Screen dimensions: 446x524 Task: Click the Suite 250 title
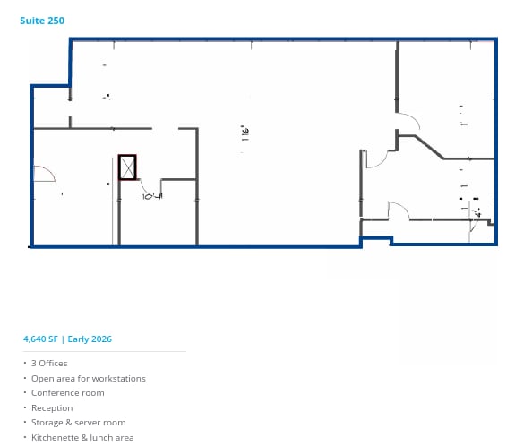pyautogui.click(x=42, y=20)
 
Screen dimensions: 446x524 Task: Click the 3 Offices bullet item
pyautogui.click(x=49, y=364)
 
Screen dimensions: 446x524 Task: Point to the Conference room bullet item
pyautogui.click(x=67, y=393)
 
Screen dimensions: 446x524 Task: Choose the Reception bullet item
pyautogui.click(x=52, y=407)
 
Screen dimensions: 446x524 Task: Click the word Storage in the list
pyautogui.click(x=47, y=423)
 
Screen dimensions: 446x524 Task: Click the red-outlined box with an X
pyautogui.click(x=127, y=167)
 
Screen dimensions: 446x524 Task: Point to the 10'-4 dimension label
pyautogui.click(x=151, y=195)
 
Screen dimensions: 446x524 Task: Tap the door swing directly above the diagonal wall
pyautogui.click(x=408, y=121)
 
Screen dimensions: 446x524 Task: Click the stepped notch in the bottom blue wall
pyautogui.click(x=376, y=238)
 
